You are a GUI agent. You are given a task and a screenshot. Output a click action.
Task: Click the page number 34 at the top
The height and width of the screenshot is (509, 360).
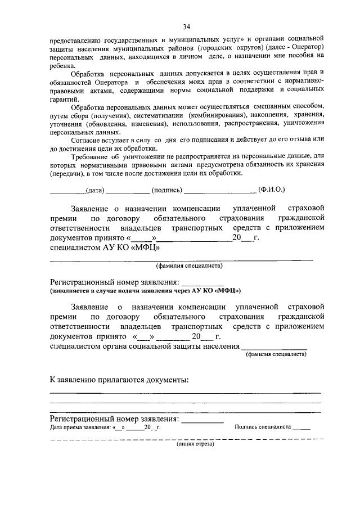[x=186, y=26]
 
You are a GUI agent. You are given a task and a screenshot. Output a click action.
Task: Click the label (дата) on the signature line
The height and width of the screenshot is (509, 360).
[x=95, y=190]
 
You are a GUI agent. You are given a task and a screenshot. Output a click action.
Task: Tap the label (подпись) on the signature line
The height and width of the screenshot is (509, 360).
[x=166, y=190]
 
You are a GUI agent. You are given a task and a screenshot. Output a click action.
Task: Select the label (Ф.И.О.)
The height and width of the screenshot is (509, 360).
[x=271, y=190]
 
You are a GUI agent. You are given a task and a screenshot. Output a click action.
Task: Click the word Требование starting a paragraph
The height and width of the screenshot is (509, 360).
[x=92, y=159]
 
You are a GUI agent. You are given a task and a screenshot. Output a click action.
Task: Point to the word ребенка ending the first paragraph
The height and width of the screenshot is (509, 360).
[x=62, y=66]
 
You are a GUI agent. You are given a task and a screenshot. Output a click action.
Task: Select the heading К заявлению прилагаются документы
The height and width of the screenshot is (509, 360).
[x=119, y=380]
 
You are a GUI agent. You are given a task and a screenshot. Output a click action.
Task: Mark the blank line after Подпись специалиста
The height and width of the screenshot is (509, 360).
[x=301, y=429]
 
